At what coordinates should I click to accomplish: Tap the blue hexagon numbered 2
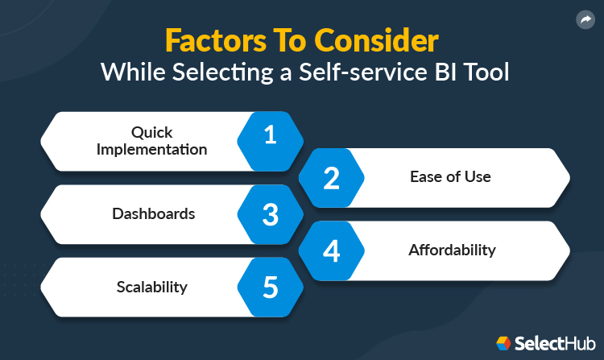pyautogui.click(x=331, y=177)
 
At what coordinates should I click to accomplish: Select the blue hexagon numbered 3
pyautogui.click(x=270, y=214)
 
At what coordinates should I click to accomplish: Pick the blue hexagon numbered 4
pyautogui.click(x=331, y=250)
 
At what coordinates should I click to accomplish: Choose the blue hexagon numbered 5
pyautogui.click(x=270, y=288)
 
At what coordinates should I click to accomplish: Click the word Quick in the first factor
pyautogui.click(x=153, y=132)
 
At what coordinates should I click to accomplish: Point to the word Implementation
pyautogui.click(x=153, y=149)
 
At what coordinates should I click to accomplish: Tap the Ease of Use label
pyautogui.click(x=451, y=177)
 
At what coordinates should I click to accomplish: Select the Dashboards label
pyautogui.click(x=153, y=214)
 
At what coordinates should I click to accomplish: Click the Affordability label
pyautogui.click(x=452, y=250)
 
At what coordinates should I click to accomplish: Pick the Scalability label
pyautogui.click(x=153, y=288)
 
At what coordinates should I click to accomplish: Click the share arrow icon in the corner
pyautogui.click(x=585, y=20)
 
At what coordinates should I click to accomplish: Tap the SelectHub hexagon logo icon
pyautogui.click(x=503, y=342)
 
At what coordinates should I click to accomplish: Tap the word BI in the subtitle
pyautogui.click(x=445, y=72)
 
